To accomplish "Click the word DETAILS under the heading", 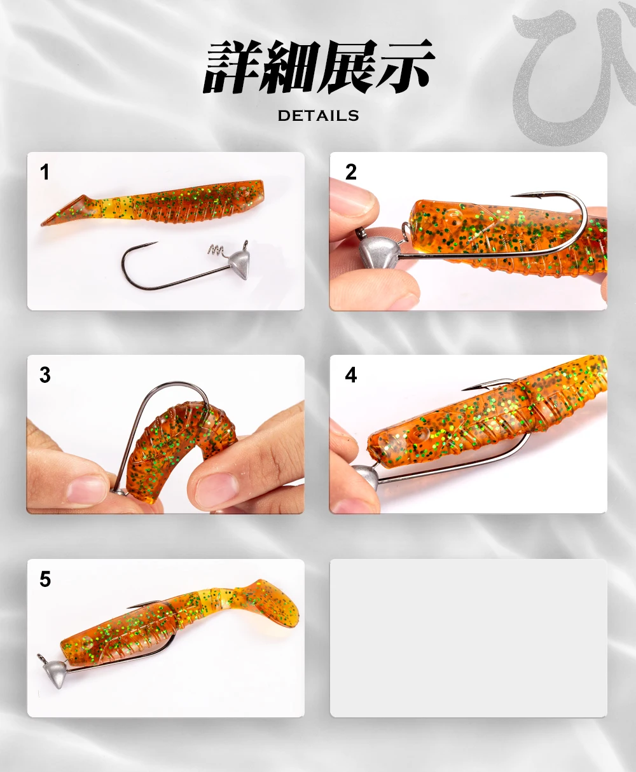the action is click(x=318, y=116).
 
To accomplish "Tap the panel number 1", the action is click(x=45, y=172).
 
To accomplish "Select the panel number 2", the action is click(x=351, y=172).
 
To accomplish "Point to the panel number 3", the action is click(x=45, y=375).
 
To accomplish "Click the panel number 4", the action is click(x=351, y=375).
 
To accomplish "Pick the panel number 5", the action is click(x=45, y=579).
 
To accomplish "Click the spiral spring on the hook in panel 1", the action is click(x=217, y=251).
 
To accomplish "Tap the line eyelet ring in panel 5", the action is click(x=41, y=658).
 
